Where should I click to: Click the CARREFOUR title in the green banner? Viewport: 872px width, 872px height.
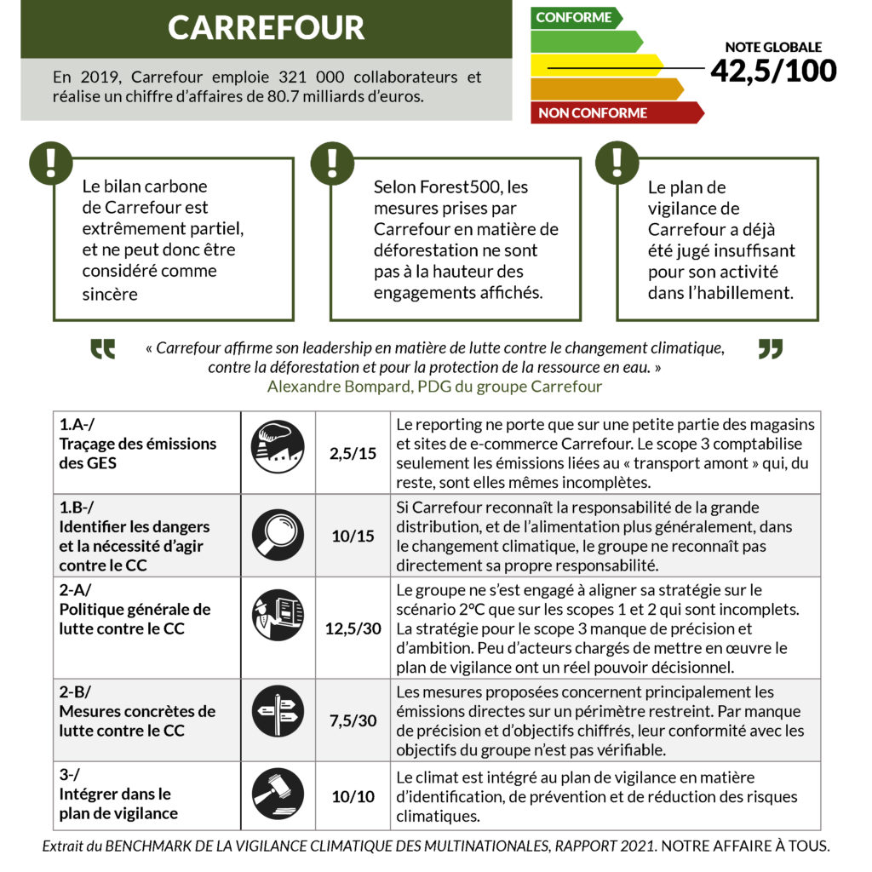coord(266,29)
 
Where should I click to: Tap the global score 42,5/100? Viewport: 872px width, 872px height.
coord(773,71)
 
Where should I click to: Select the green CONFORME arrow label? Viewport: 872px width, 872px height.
coord(575,18)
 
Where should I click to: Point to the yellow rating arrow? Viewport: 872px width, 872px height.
coord(596,66)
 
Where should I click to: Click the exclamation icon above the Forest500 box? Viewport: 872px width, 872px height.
coord(332,161)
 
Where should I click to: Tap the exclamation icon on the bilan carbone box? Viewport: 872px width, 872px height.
coord(50,161)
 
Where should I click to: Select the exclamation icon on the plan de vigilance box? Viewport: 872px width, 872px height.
coord(617,161)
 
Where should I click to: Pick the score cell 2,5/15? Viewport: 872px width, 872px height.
coord(353,453)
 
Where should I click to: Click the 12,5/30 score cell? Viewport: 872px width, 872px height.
coord(353,629)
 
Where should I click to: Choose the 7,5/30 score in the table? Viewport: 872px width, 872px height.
coord(353,720)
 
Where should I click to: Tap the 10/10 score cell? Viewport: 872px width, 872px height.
coord(353,797)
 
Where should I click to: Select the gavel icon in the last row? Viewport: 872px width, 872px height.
coord(278,795)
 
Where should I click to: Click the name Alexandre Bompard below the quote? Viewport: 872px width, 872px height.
coord(325,387)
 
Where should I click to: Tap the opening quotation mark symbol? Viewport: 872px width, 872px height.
coord(103,349)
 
